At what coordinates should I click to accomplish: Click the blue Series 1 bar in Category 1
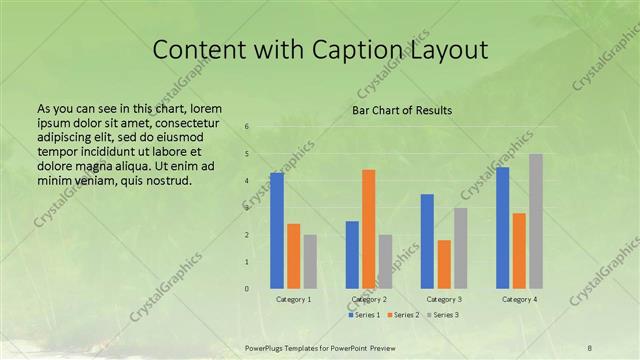click(x=277, y=230)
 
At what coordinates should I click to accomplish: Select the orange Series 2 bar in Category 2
click(x=369, y=229)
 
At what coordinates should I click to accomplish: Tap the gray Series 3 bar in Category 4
click(x=536, y=221)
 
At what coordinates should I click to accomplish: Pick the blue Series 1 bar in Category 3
click(x=427, y=241)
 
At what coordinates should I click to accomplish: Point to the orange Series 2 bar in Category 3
click(x=444, y=264)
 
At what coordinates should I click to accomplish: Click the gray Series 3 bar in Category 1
click(x=310, y=261)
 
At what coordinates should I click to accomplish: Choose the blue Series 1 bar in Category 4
click(x=502, y=227)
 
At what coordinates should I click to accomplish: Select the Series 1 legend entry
click(x=365, y=315)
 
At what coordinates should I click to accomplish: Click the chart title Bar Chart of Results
click(x=402, y=110)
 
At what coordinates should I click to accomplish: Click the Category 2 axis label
click(x=369, y=299)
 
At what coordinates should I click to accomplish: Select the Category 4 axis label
click(x=518, y=299)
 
